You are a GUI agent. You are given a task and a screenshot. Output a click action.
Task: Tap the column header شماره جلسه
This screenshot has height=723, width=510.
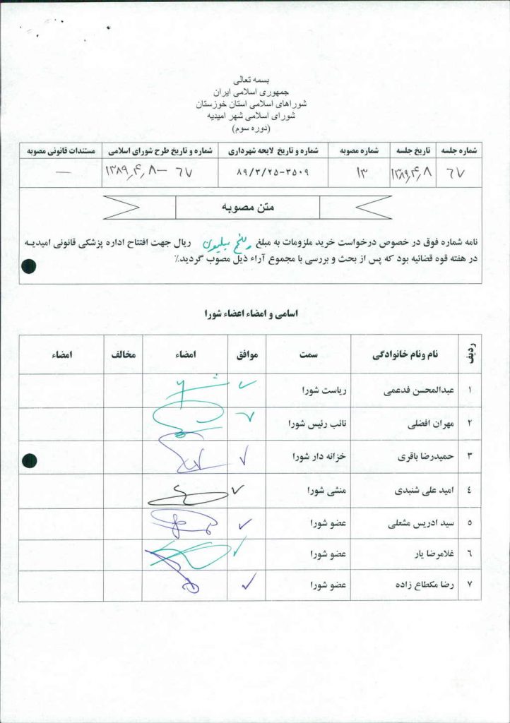click(x=460, y=150)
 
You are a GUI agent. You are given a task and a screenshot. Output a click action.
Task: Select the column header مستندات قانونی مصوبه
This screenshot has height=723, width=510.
click(x=61, y=150)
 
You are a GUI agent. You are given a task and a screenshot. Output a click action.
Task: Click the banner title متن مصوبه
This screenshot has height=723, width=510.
click(x=247, y=208)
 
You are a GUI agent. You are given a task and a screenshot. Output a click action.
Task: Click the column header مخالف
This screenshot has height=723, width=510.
click(x=122, y=354)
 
